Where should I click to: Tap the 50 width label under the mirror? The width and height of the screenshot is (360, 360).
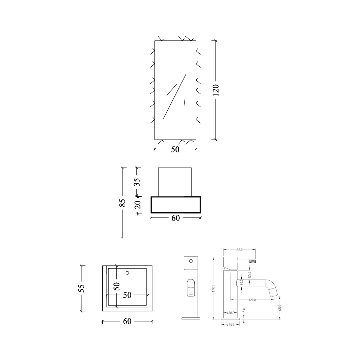(175, 149)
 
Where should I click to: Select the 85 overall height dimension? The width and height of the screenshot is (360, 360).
(122, 203)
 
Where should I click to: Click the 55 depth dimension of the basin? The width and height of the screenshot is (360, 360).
(82, 288)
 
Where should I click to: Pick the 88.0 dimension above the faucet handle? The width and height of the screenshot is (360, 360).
(239, 250)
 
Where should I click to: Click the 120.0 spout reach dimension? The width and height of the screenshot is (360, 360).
(252, 300)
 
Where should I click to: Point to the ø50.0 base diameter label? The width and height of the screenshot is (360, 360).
(230, 325)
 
